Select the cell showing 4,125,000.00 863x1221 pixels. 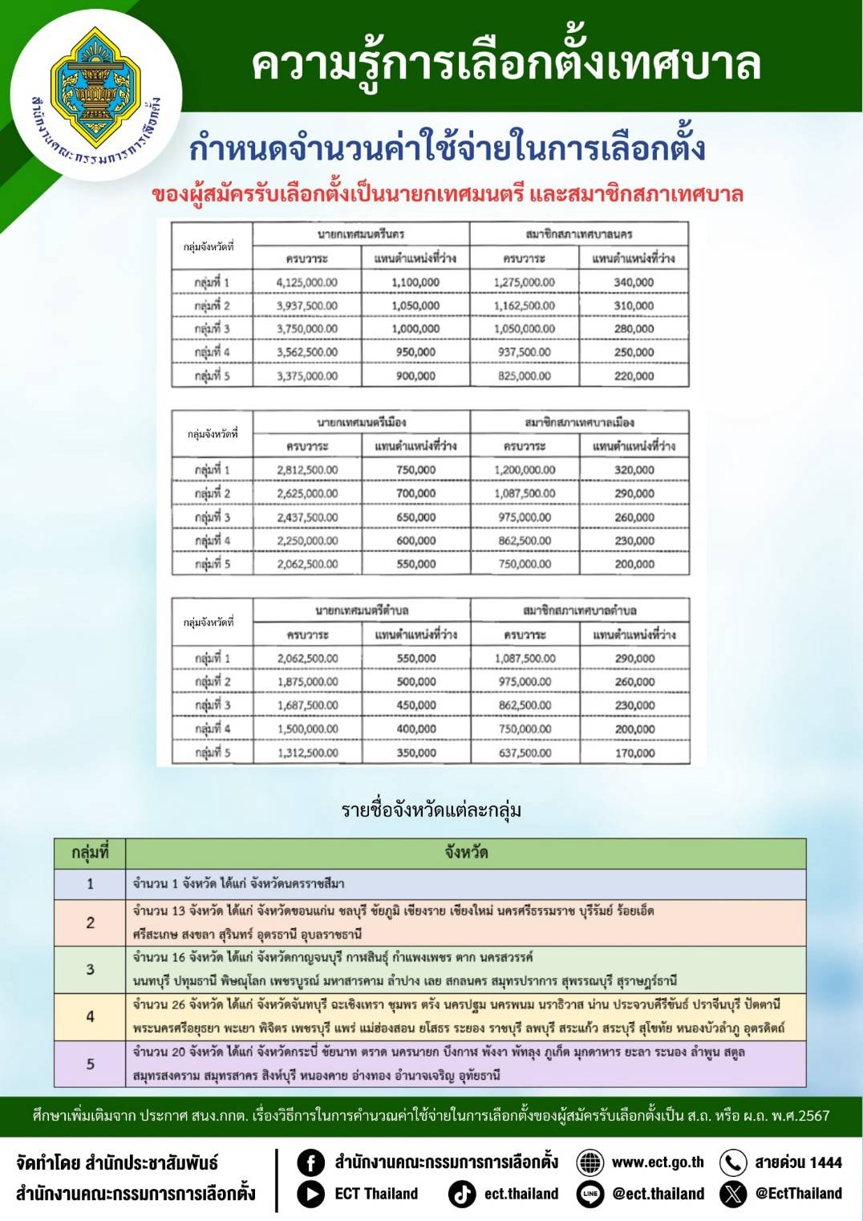[x=306, y=282]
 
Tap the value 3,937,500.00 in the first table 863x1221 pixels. [x=306, y=306]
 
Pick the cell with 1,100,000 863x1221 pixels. [x=415, y=282]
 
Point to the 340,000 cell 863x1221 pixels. [x=634, y=282]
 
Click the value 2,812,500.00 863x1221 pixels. [x=307, y=470]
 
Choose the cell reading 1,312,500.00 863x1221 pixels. [x=308, y=753]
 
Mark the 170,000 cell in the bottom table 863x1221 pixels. [x=634, y=753]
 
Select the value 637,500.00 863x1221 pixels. [x=525, y=753]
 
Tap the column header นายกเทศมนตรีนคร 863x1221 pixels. [x=361, y=234]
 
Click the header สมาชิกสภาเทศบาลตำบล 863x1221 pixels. [x=579, y=610]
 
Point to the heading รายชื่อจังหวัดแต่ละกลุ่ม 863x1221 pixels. [x=431, y=809]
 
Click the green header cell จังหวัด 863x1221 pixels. [x=466, y=853]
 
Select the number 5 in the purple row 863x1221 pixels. [x=90, y=1064]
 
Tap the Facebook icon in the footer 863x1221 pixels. [x=310, y=1162]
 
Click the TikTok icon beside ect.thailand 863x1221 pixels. [x=462, y=1194]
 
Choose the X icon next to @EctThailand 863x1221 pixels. [x=733, y=1194]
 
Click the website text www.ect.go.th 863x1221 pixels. [x=658, y=1162]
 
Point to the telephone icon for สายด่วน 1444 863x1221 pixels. [x=733, y=1162]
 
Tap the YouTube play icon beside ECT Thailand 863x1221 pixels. [x=310, y=1194]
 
